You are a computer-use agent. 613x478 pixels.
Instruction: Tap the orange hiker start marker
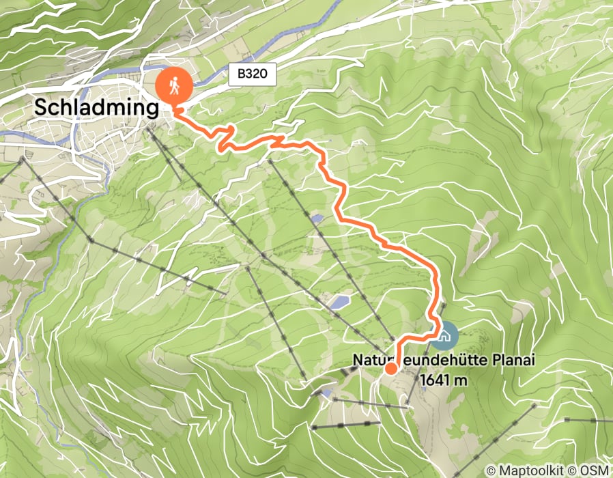click(x=173, y=87)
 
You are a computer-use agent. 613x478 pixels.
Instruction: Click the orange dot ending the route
click(x=390, y=369)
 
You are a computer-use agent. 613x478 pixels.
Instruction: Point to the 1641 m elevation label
click(x=444, y=380)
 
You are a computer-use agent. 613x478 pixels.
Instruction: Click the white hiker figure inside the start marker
click(x=173, y=85)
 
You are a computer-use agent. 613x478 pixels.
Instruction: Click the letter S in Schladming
click(x=42, y=107)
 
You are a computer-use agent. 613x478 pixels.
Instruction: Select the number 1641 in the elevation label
click(x=436, y=380)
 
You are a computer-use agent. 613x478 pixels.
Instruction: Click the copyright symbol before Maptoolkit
click(x=491, y=470)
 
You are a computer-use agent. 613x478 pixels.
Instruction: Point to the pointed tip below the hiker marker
click(x=174, y=108)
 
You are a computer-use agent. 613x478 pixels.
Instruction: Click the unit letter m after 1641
click(x=461, y=380)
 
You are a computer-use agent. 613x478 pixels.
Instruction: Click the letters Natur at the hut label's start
click(x=367, y=360)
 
